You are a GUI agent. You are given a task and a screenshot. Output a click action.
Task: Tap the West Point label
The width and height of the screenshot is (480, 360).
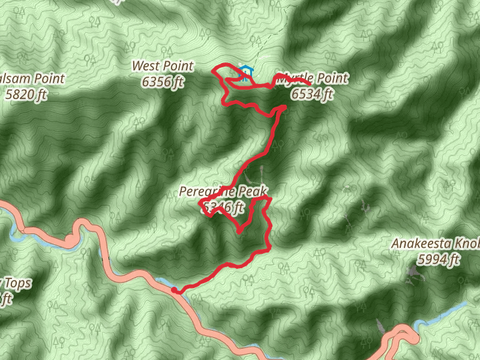(x=163, y=66)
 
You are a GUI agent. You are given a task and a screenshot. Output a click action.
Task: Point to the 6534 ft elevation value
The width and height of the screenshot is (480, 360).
(x=312, y=94)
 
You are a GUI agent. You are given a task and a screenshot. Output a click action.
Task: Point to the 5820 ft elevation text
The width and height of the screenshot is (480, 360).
(x=25, y=94)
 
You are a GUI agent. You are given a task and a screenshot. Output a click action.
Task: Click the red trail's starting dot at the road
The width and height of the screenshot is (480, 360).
(x=175, y=290)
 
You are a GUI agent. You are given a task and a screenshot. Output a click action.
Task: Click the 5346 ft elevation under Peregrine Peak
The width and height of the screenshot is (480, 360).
(x=223, y=208)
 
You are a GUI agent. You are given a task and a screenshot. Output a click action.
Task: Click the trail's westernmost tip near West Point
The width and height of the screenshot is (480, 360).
(x=215, y=71)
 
